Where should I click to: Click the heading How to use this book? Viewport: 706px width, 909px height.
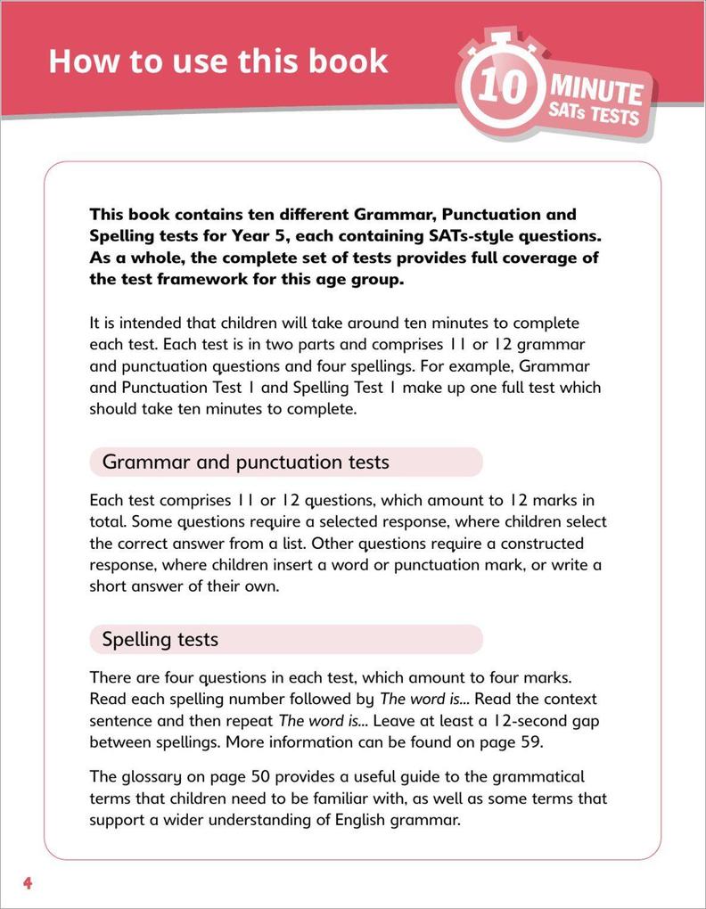pyautogui.click(x=218, y=61)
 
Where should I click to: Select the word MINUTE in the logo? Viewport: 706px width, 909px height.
pyautogui.click(x=595, y=90)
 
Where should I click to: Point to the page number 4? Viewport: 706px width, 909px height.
pyautogui.click(x=28, y=884)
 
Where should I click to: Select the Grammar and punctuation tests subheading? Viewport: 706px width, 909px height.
pyautogui.click(x=245, y=462)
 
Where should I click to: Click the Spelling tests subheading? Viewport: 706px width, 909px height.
pyautogui.click(x=160, y=639)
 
